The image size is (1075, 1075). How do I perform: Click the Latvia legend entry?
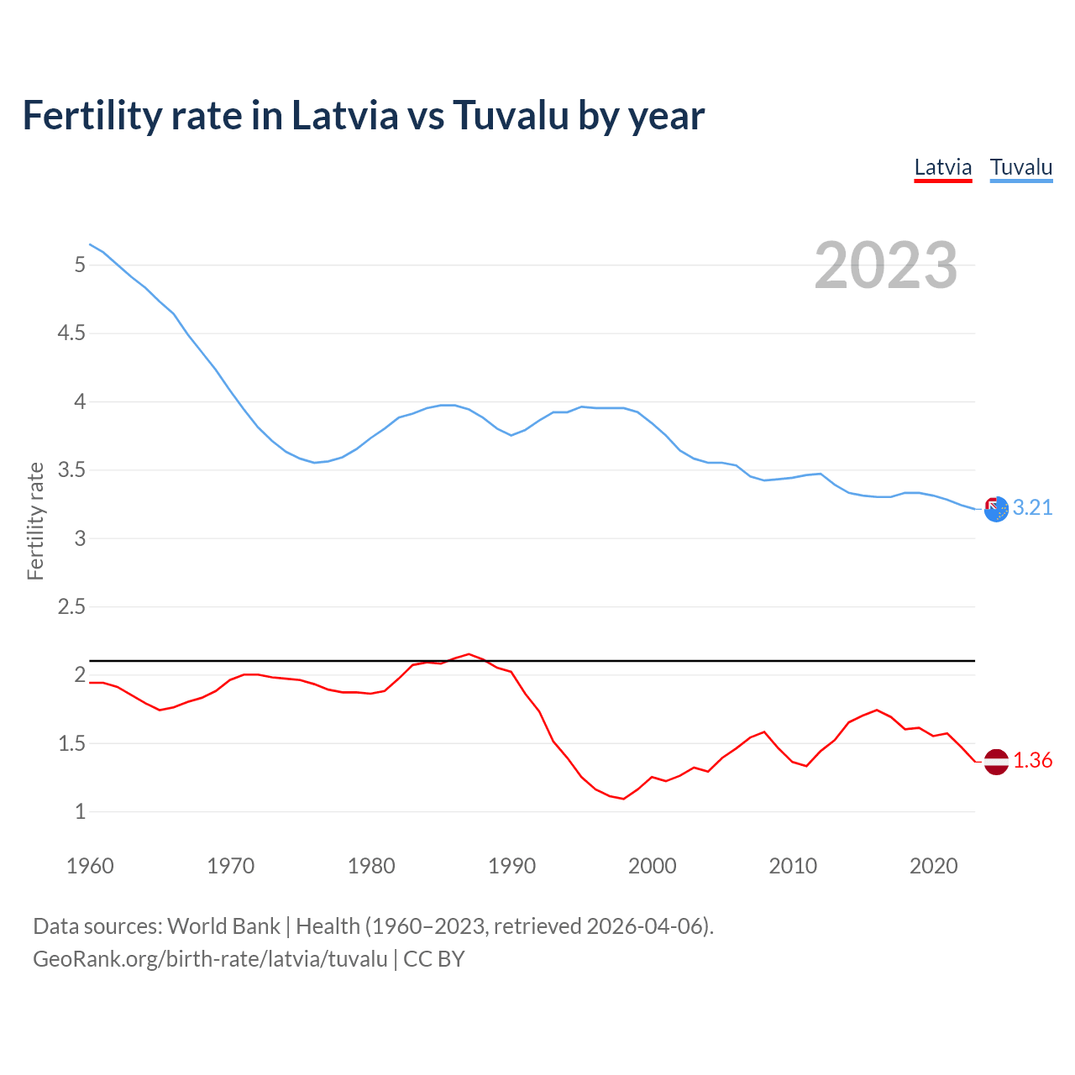click(942, 167)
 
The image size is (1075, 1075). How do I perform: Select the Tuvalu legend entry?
click(1020, 167)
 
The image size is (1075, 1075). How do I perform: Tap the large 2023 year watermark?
click(885, 265)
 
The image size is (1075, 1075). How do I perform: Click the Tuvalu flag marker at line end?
click(995, 508)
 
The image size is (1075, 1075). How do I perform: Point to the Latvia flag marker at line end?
click(995, 761)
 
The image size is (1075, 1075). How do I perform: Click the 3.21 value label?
click(1032, 507)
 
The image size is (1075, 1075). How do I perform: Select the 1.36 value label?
click(1032, 760)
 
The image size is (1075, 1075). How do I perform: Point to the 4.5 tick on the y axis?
click(71, 333)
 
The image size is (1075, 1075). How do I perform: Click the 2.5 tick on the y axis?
click(71, 606)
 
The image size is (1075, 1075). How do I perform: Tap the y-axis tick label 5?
click(80, 265)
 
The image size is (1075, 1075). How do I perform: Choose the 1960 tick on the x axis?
click(90, 866)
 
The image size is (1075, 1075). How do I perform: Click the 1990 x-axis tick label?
click(511, 866)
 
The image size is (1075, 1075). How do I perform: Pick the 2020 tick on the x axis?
click(933, 866)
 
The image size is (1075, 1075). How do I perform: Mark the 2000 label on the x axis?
click(652, 866)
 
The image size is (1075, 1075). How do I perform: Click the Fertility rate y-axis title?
click(35, 521)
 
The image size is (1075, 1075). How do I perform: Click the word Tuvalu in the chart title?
click(511, 115)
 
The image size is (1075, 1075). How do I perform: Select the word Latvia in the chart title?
click(344, 115)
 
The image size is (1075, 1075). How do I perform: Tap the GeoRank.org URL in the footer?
click(210, 959)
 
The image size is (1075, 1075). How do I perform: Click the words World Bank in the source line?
click(223, 926)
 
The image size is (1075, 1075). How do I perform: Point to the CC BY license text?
click(433, 959)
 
